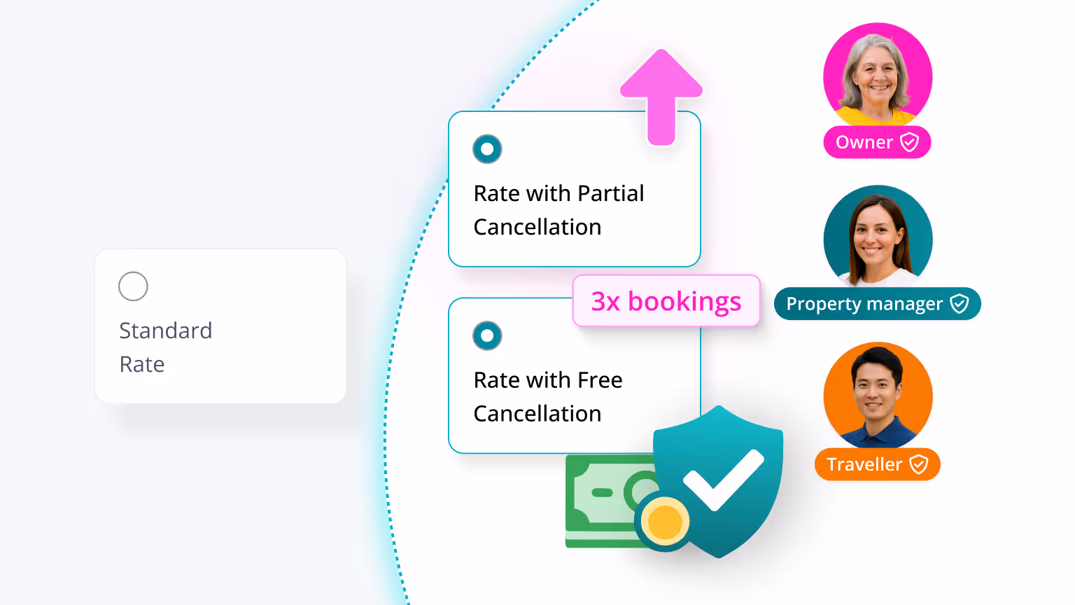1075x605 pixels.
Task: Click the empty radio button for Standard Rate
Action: (133, 286)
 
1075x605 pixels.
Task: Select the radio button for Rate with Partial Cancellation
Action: (487, 149)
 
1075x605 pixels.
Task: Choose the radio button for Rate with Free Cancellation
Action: (487, 336)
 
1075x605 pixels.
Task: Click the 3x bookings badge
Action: (666, 301)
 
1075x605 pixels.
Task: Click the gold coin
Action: (664, 521)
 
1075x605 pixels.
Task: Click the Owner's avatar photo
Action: (878, 76)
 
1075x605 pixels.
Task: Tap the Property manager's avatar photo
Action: (878, 237)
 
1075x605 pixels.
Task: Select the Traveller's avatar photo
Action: (878, 395)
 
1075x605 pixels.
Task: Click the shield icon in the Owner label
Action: (909, 142)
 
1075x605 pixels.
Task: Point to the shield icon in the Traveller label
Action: (918, 464)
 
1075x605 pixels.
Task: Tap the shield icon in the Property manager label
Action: (959, 304)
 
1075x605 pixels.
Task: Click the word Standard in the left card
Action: (166, 331)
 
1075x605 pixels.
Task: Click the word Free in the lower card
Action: (600, 380)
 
